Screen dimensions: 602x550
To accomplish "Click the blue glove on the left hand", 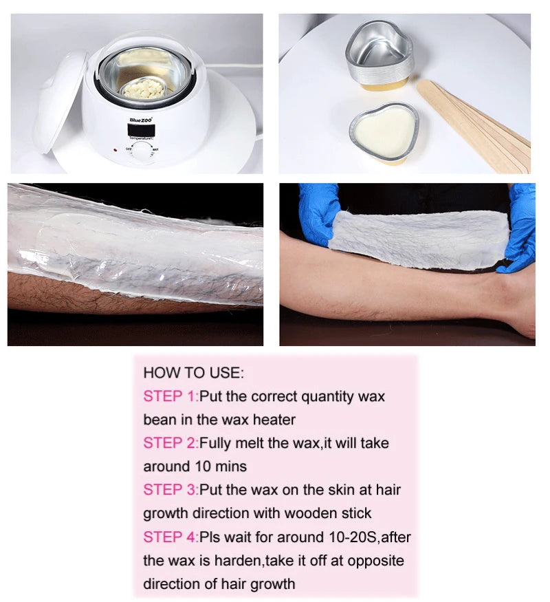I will [318, 212].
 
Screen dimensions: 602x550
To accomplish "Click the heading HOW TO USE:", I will [193, 373].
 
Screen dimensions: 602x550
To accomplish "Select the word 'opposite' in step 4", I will [375, 560].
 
